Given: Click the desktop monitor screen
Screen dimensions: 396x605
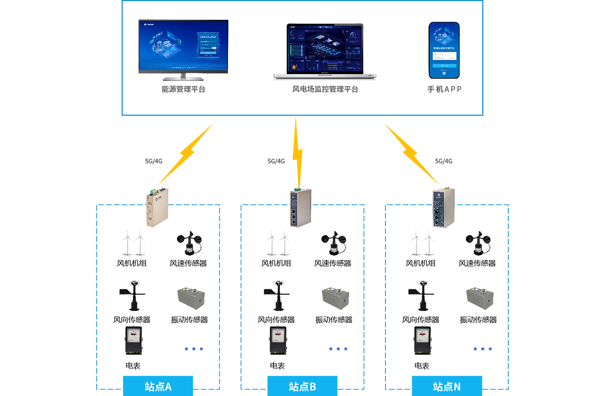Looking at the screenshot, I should [183, 45].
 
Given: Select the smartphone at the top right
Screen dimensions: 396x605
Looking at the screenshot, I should [444, 51].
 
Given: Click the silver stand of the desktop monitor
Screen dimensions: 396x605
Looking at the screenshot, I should [183, 76].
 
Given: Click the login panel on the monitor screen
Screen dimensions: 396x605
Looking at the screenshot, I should [208, 45].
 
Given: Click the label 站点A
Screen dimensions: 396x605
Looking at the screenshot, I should [158, 387].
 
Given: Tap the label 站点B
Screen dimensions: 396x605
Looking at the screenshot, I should [302, 387].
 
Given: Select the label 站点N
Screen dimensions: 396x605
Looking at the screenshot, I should [447, 387].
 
